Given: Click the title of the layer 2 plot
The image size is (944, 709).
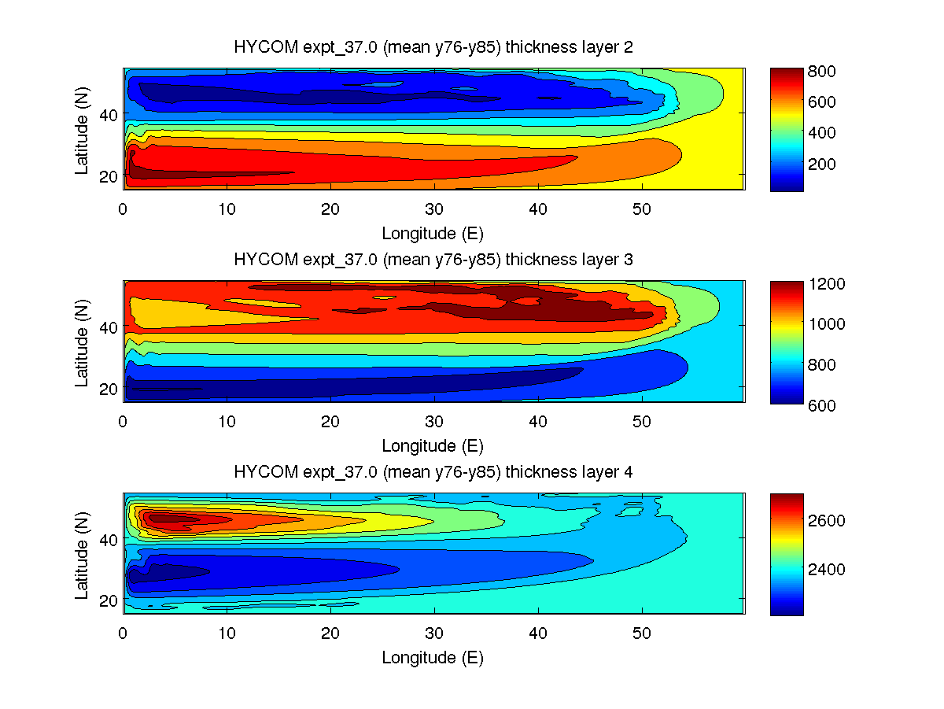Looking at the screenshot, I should pyautogui.click(x=433, y=47).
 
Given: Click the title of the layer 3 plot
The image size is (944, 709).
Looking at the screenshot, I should pyautogui.click(x=433, y=260).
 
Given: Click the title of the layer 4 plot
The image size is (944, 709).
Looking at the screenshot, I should pyautogui.click(x=433, y=472).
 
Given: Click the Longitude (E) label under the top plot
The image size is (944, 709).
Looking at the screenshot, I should pyautogui.click(x=433, y=234).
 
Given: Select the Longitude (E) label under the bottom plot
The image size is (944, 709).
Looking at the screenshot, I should pyautogui.click(x=433, y=658).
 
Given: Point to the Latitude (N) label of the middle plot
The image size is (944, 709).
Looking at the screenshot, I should pyautogui.click(x=82, y=341).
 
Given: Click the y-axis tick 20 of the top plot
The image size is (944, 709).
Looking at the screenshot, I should pyautogui.click(x=107, y=175).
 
